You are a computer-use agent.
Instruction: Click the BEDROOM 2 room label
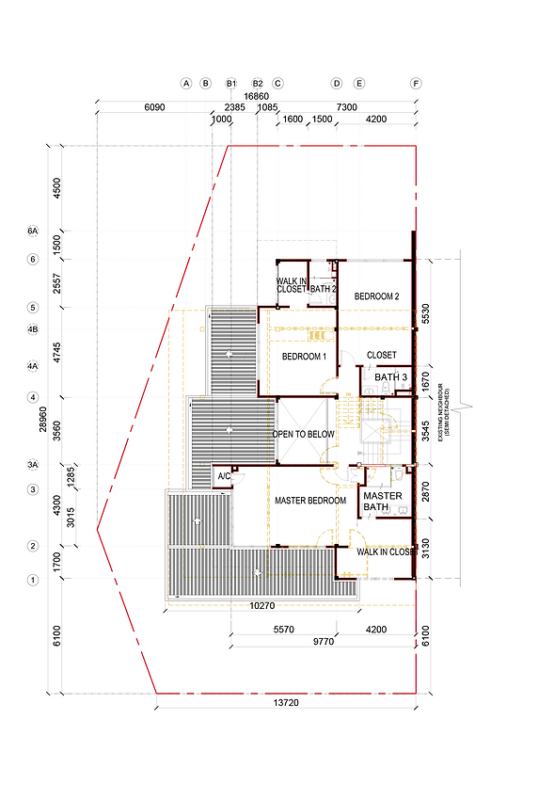click(377, 296)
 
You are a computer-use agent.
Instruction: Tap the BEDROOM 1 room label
click(304, 357)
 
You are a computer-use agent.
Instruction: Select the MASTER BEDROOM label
click(310, 501)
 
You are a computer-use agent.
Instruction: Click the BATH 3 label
click(390, 378)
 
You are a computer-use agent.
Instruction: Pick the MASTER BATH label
click(382, 502)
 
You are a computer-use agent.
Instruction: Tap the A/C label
click(224, 477)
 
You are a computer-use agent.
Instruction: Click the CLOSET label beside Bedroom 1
click(381, 356)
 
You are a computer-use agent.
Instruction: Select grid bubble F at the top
click(415, 83)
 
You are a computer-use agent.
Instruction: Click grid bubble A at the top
click(186, 83)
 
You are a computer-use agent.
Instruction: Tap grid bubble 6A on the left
click(32, 231)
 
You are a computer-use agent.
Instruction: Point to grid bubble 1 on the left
click(32, 580)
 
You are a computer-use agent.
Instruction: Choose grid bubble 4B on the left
click(32, 329)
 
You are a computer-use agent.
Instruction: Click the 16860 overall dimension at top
click(256, 96)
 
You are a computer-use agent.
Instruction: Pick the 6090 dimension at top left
click(154, 108)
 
